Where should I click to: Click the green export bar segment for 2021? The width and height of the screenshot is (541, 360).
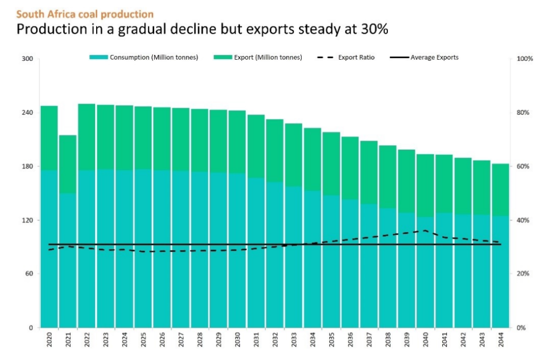68,164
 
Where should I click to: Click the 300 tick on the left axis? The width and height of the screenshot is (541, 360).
27,59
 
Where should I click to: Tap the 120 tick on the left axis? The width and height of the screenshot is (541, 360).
27,220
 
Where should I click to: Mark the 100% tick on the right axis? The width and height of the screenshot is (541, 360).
525,59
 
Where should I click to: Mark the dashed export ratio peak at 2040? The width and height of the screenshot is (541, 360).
425,230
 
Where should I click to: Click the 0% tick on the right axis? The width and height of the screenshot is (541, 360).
522,328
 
